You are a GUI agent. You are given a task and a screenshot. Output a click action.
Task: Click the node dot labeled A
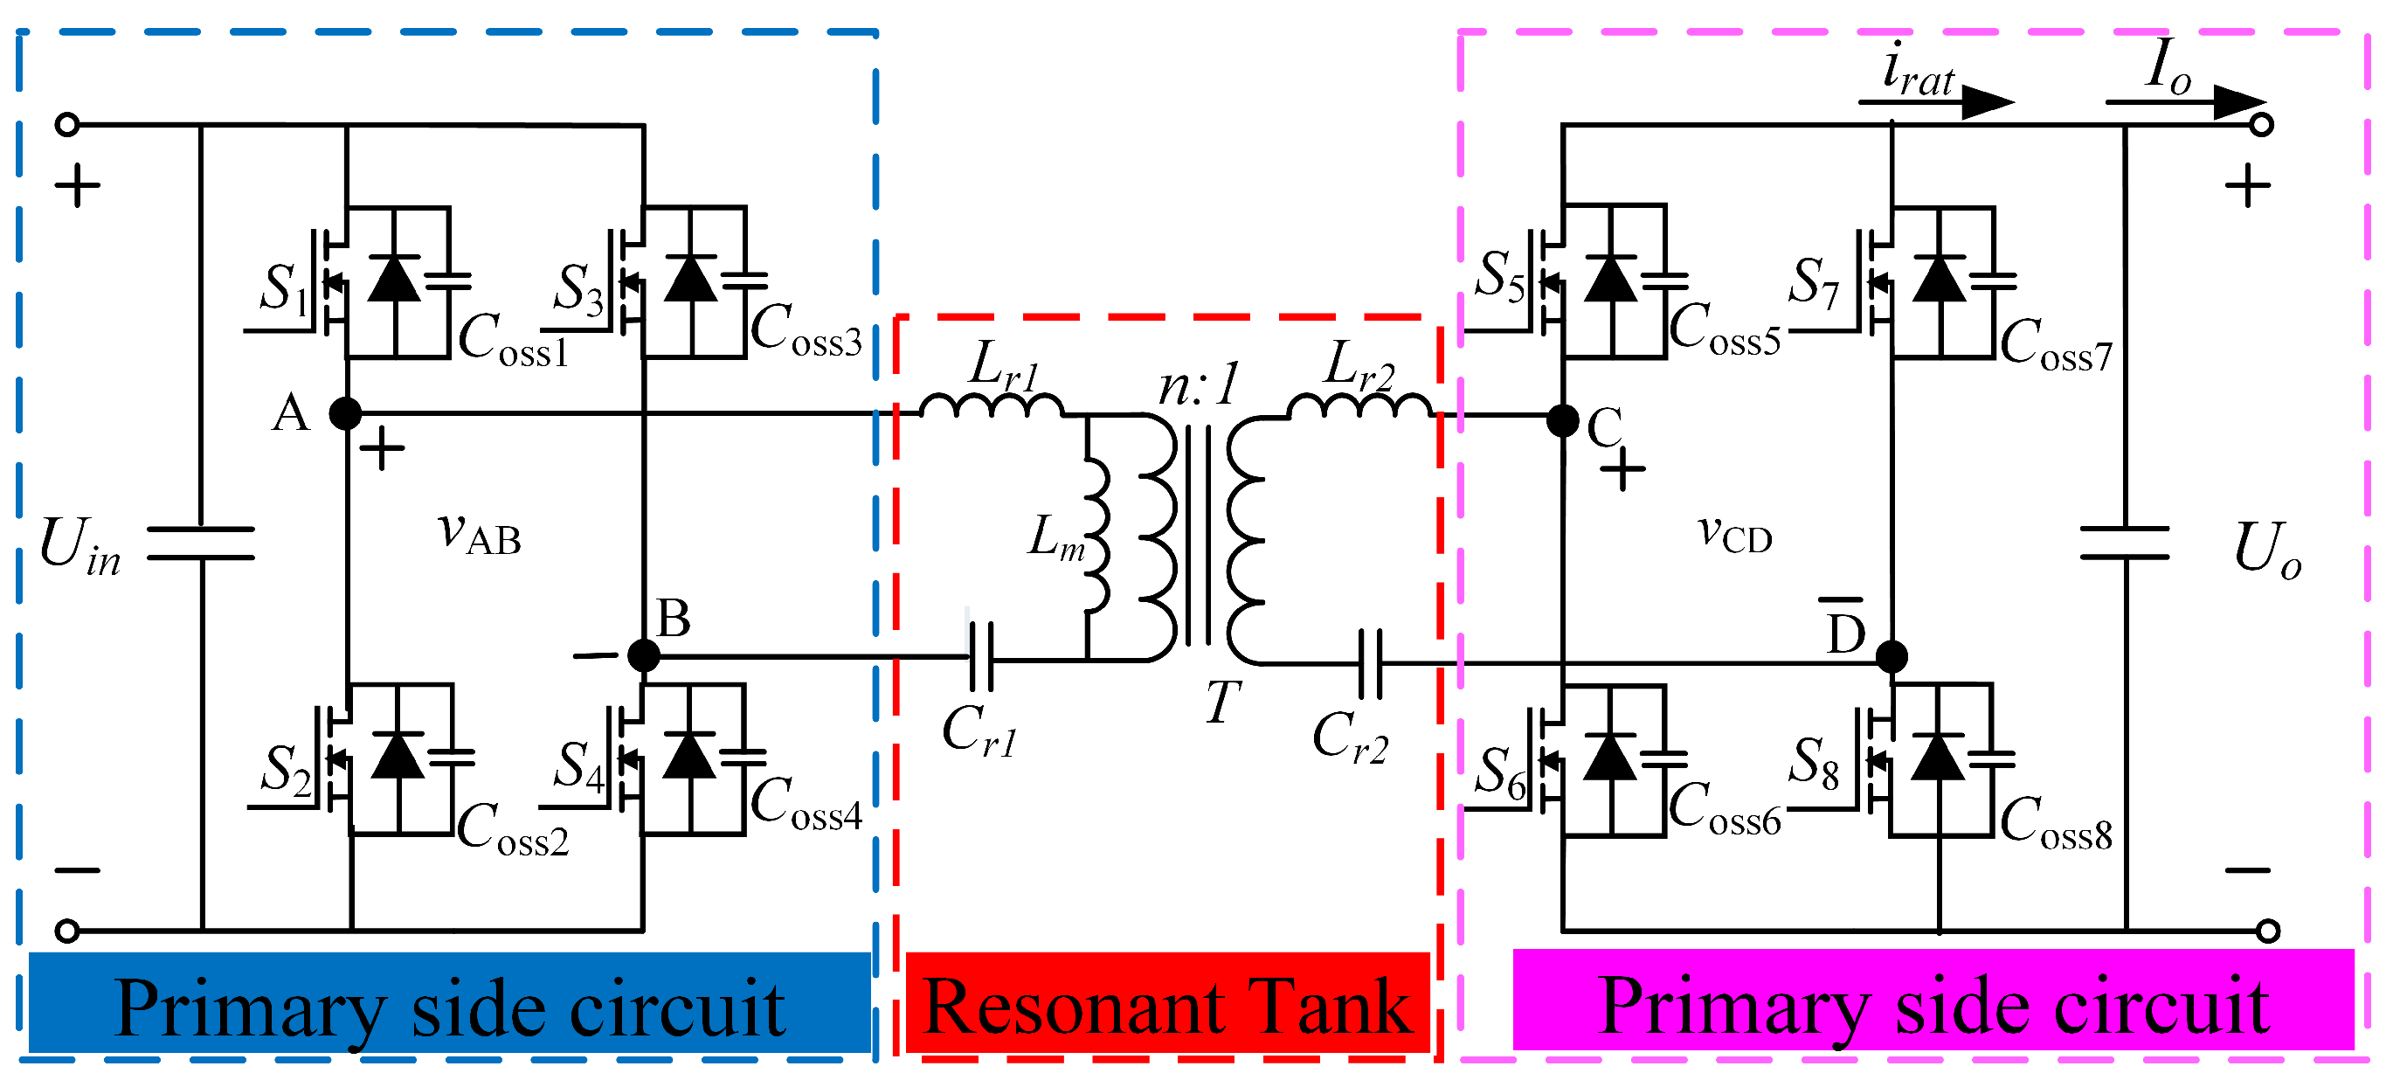click(346, 412)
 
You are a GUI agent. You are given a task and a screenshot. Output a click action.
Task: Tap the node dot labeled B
click(644, 655)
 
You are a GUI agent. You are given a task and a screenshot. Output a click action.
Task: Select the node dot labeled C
click(1563, 421)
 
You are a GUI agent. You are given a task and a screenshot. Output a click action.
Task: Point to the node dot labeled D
click(1892, 657)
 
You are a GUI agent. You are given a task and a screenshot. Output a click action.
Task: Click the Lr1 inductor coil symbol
click(992, 406)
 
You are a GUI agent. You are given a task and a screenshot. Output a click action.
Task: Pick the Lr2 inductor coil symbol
click(1360, 406)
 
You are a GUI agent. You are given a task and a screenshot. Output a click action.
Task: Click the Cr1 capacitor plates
click(981, 658)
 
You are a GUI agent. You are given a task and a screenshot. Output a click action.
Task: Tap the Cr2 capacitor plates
click(1370, 663)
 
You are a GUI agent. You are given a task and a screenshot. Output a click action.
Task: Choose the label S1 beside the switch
click(282, 288)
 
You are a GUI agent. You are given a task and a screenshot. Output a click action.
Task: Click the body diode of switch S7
click(1940, 279)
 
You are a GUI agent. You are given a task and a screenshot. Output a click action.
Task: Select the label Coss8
click(2056, 823)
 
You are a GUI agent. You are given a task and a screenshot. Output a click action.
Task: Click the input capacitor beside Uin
click(201, 543)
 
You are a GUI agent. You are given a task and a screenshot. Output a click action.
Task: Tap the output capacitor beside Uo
click(2125, 543)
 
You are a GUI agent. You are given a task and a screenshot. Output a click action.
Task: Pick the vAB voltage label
click(480, 534)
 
